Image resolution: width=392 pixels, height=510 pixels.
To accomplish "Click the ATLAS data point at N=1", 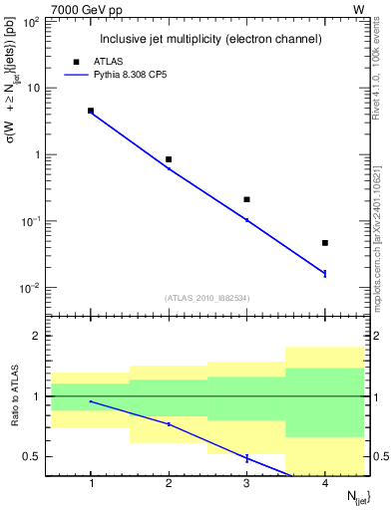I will (91, 111).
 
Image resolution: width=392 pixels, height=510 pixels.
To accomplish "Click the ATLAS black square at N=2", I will (169, 159).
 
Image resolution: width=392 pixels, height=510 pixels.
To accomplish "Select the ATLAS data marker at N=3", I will (247, 199).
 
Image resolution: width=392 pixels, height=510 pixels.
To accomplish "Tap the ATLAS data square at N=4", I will (325, 243).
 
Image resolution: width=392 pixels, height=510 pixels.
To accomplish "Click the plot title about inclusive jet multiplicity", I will (209, 39).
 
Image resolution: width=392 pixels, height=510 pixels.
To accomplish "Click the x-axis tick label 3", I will (247, 484).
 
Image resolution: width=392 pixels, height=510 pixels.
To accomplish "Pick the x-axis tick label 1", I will (91, 484).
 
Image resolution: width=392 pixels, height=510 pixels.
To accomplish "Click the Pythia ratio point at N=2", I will (169, 424).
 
